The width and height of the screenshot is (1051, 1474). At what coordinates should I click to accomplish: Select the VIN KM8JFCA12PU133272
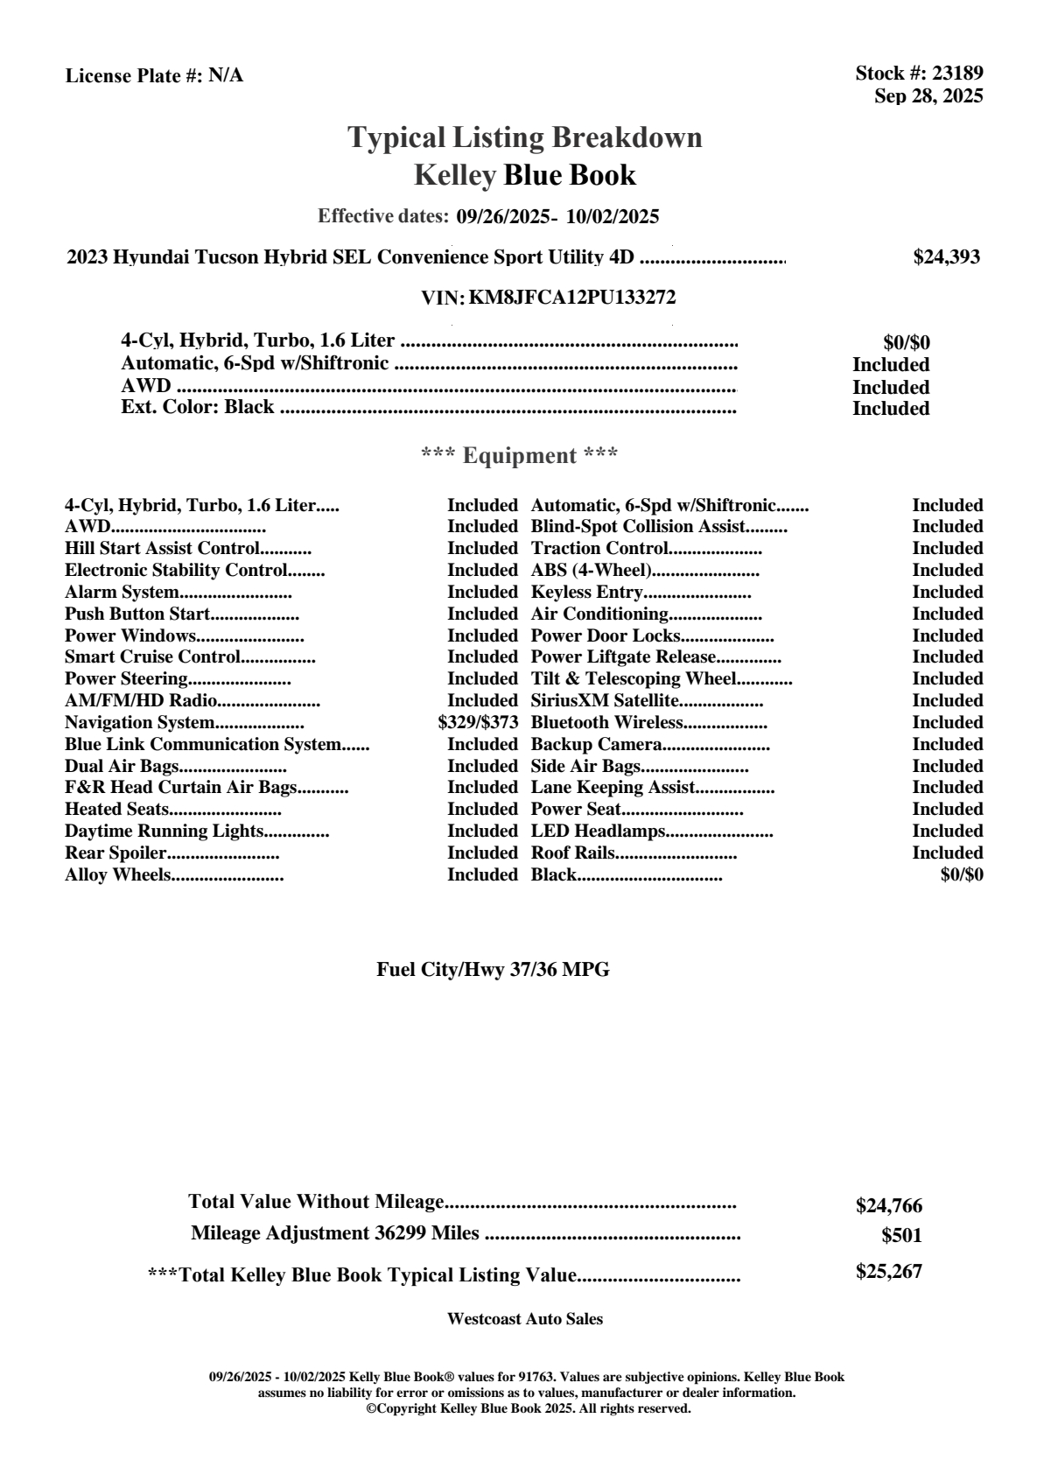coord(572,298)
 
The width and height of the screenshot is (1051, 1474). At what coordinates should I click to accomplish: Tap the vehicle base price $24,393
coord(946,257)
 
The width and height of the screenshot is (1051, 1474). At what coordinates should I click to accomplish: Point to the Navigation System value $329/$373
coord(478,723)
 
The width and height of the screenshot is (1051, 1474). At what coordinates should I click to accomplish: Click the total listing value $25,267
coord(888,1272)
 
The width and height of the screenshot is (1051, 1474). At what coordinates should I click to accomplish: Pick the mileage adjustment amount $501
coord(901,1236)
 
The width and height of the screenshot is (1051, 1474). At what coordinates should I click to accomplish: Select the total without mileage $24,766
coord(888,1206)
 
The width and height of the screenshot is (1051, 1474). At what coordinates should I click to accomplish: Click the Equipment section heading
coord(519,456)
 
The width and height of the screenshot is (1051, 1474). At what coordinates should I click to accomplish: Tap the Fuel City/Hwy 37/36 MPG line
coord(493,970)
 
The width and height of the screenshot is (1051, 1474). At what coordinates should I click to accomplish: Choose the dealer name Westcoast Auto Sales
coord(524,1319)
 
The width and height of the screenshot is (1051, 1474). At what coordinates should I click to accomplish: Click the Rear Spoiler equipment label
coord(116,853)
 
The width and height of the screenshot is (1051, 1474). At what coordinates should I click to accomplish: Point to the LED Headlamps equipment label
coord(599,832)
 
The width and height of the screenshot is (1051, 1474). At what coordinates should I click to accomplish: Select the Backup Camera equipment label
coord(596,745)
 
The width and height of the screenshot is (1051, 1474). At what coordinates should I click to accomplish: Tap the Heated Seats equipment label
coord(116,810)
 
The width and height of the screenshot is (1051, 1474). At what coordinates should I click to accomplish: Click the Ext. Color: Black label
coord(197,408)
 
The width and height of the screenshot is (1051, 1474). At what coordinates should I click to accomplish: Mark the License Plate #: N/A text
coord(154,76)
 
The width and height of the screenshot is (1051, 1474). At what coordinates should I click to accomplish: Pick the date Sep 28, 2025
coord(928,95)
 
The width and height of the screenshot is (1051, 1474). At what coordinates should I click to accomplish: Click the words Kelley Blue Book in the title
coord(524,175)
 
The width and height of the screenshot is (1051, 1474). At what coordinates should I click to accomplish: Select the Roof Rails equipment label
coord(572,853)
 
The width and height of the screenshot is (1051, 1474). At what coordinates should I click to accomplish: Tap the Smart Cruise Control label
coord(152,657)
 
